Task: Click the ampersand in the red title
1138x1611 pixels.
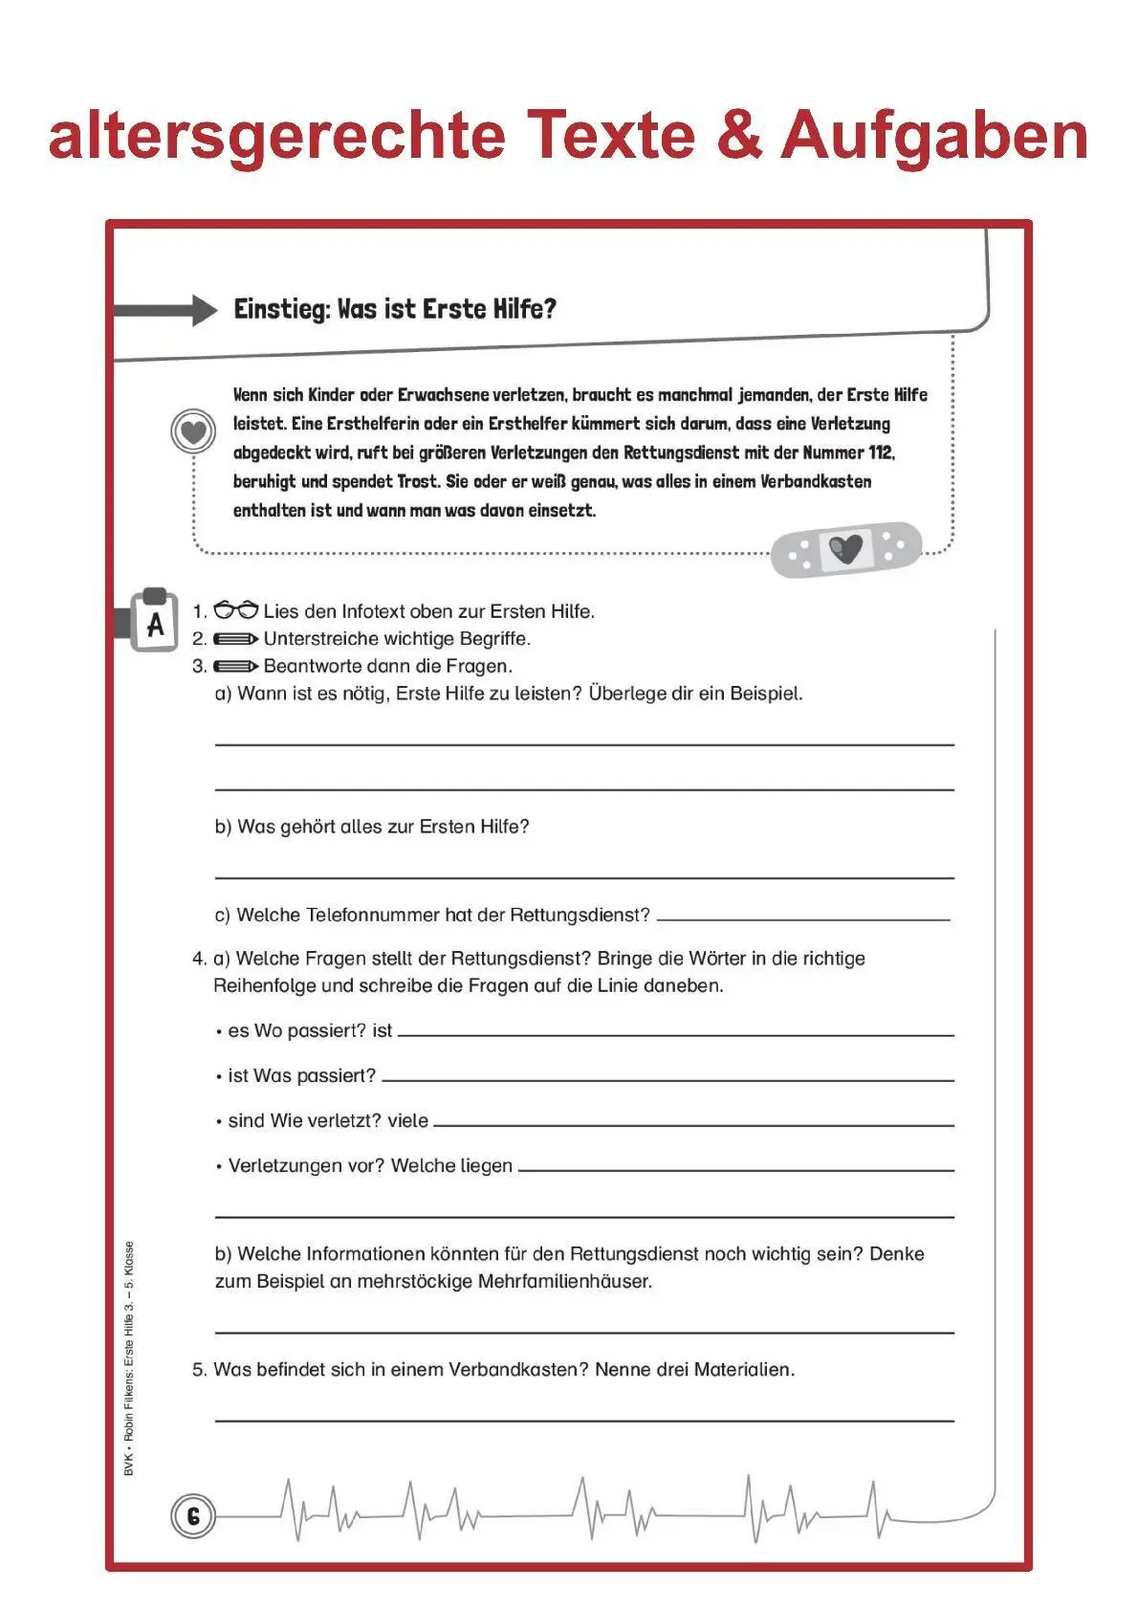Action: pyautogui.click(x=738, y=135)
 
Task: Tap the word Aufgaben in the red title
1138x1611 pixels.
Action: pyautogui.click(x=934, y=137)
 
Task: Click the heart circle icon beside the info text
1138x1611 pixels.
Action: pyautogui.click(x=193, y=432)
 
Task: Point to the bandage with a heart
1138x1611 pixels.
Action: pyautogui.click(x=846, y=548)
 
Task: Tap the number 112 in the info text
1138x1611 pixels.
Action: pyautogui.click(x=880, y=452)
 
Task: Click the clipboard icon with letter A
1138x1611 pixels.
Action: pyautogui.click(x=155, y=622)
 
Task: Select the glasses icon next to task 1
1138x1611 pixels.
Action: pyautogui.click(x=235, y=610)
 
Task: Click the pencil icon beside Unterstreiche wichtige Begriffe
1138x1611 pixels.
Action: pyautogui.click(x=235, y=638)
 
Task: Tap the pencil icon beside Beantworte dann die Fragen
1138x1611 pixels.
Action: pyautogui.click(x=235, y=666)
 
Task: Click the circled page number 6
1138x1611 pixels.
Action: pyautogui.click(x=193, y=1516)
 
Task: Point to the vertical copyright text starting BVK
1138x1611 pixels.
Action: pyautogui.click(x=129, y=1358)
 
